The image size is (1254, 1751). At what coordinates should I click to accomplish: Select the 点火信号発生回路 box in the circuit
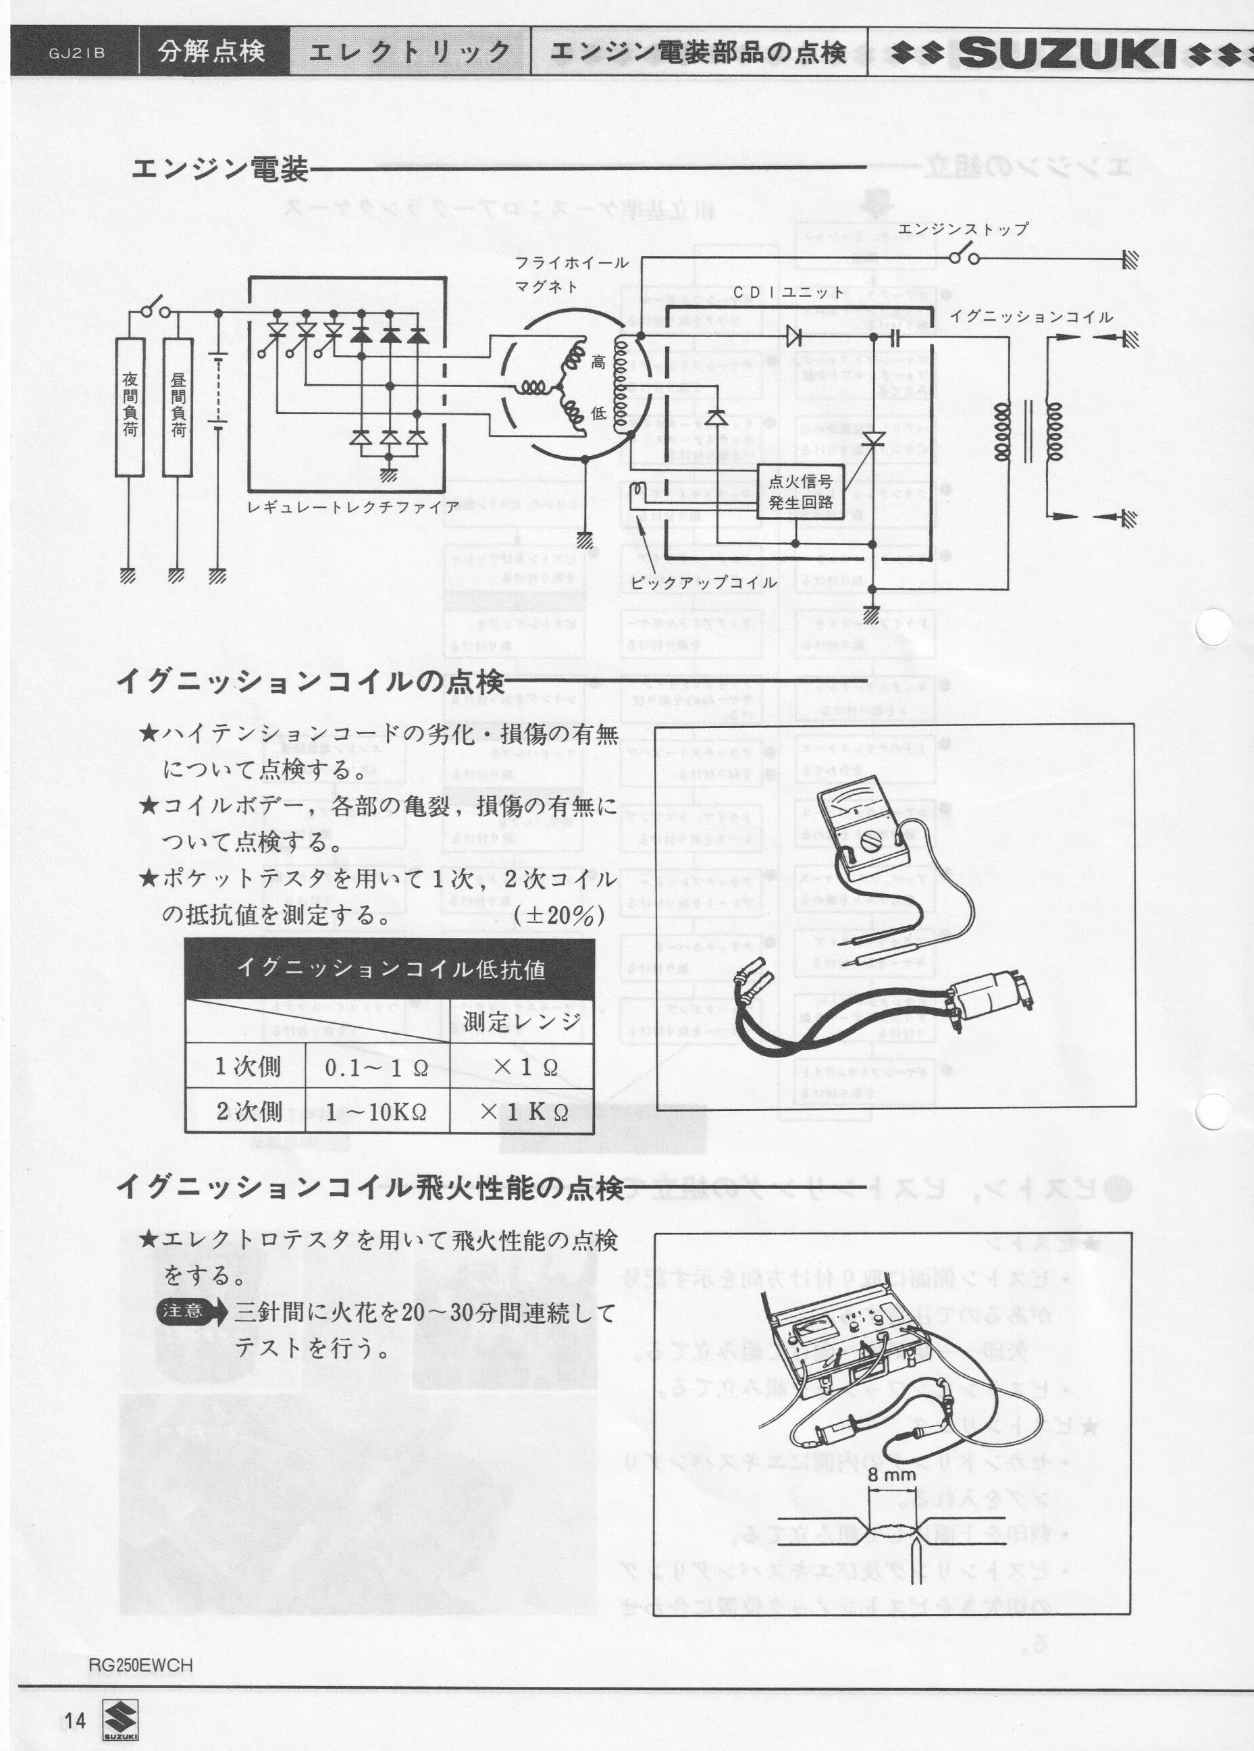tap(800, 492)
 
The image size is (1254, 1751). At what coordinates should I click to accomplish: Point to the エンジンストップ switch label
tap(963, 230)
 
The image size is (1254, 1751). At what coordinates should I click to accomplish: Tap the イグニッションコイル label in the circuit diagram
tap(1031, 317)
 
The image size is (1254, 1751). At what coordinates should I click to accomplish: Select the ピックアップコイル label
tap(703, 583)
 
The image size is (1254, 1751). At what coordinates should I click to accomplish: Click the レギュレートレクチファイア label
tap(353, 507)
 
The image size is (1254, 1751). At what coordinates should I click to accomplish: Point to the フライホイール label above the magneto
tap(571, 263)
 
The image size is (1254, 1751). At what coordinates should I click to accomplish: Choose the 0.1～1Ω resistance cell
tap(377, 1068)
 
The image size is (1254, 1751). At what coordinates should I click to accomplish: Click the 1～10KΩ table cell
tap(377, 1112)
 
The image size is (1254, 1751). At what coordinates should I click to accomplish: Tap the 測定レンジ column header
tap(522, 1022)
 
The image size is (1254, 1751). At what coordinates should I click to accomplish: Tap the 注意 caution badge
tap(184, 1311)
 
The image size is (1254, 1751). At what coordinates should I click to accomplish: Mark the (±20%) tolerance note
tap(558, 916)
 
